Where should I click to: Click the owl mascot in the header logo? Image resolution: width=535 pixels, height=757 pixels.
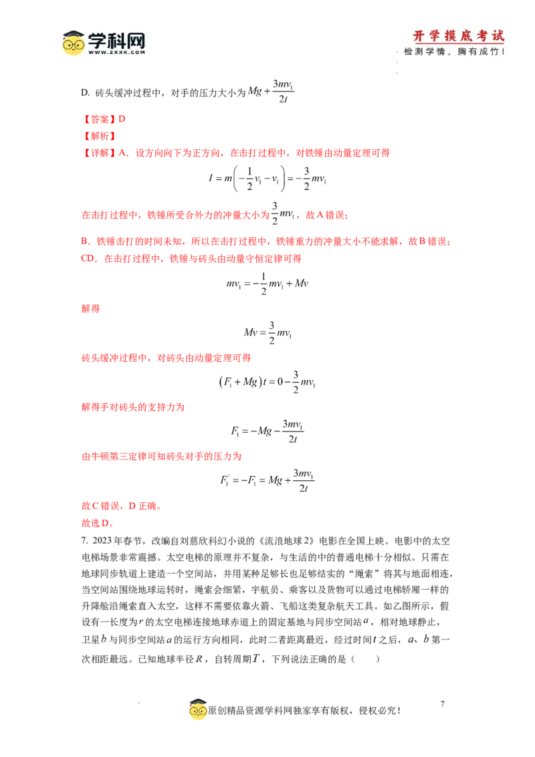pyautogui.click(x=74, y=43)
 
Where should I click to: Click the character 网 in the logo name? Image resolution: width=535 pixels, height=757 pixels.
pyautogui.click(x=134, y=39)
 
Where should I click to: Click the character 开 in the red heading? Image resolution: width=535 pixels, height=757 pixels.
pyautogui.click(x=420, y=35)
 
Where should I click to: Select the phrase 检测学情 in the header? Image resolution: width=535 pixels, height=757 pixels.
pyautogui.click(x=427, y=51)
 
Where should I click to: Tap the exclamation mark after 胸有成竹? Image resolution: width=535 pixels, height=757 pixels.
pyautogui.click(x=503, y=51)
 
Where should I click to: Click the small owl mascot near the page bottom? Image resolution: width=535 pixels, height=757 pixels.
pyautogui.click(x=198, y=710)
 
